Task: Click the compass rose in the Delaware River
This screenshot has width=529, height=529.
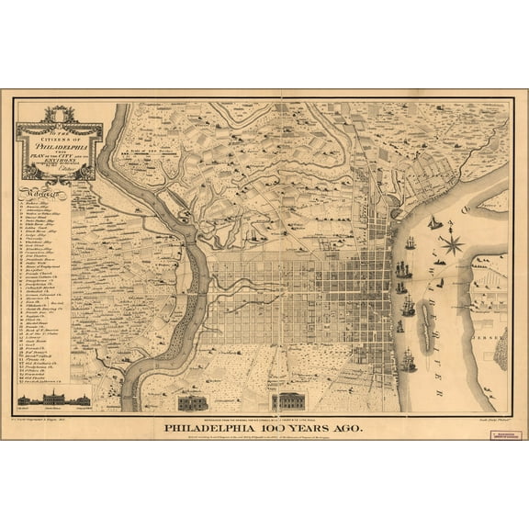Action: click(451, 244)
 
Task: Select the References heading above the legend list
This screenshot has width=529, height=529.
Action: click(42, 194)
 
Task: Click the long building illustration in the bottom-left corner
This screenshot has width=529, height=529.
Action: click(54, 400)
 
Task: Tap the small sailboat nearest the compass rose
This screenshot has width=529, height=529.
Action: click(434, 223)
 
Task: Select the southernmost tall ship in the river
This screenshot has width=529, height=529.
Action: click(409, 362)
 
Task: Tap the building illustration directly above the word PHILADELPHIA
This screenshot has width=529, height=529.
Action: click(193, 402)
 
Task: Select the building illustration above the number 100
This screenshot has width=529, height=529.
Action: click(287, 401)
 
